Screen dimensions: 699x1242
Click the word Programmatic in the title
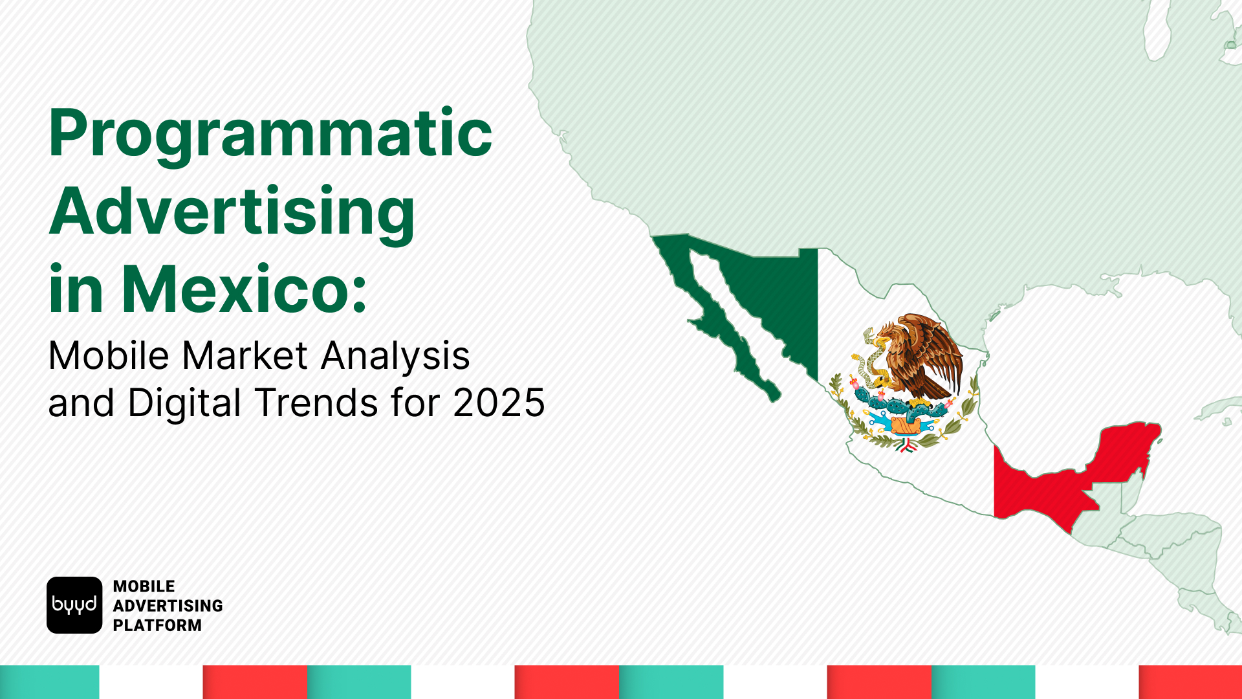coord(270,134)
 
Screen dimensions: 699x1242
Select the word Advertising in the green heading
coord(232,212)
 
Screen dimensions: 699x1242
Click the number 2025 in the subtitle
coord(499,403)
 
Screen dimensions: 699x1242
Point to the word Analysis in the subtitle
coord(395,355)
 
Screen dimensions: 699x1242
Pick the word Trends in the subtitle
coord(317,403)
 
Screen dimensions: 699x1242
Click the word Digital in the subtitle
coord(184,403)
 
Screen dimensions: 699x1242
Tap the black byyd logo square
coord(74,605)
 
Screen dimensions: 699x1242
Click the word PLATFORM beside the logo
coord(157,625)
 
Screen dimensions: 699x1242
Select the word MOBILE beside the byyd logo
coord(144,586)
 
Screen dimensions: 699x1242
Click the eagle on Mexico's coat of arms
coord(922,356)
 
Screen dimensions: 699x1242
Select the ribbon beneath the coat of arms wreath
coord(906,445)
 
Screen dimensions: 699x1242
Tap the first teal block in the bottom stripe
coord(49,682)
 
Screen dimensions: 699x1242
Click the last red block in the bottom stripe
coord(1190,682)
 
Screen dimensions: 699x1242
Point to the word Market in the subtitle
coord(245,355)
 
